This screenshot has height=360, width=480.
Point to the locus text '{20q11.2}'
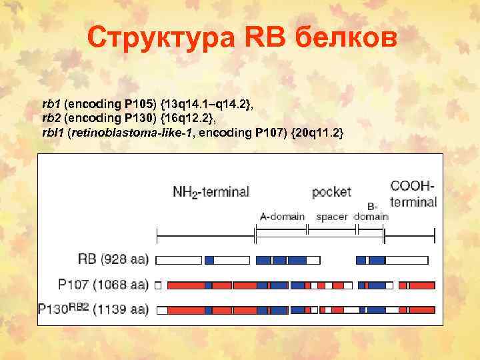point(317,133)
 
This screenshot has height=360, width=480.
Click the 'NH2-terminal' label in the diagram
point(211,192)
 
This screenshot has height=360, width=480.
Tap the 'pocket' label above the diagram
point(331,192)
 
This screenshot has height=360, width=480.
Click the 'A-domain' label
point(282,216)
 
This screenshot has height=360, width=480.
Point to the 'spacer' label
point(332,216)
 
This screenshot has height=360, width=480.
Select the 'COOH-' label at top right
point(413,186)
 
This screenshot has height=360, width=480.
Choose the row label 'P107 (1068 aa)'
point(103,285)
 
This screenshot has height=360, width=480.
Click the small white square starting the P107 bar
point(158,285)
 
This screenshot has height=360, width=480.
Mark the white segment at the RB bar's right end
point(407,259)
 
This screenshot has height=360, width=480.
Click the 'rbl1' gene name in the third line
point(52,133)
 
